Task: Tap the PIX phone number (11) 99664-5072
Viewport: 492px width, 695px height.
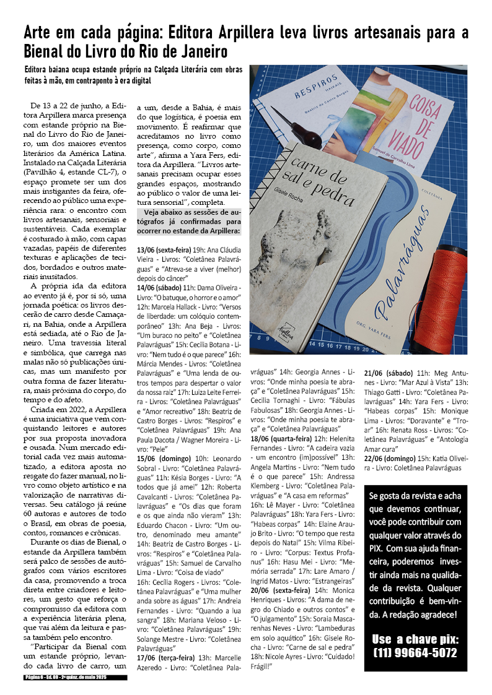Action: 416,652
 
